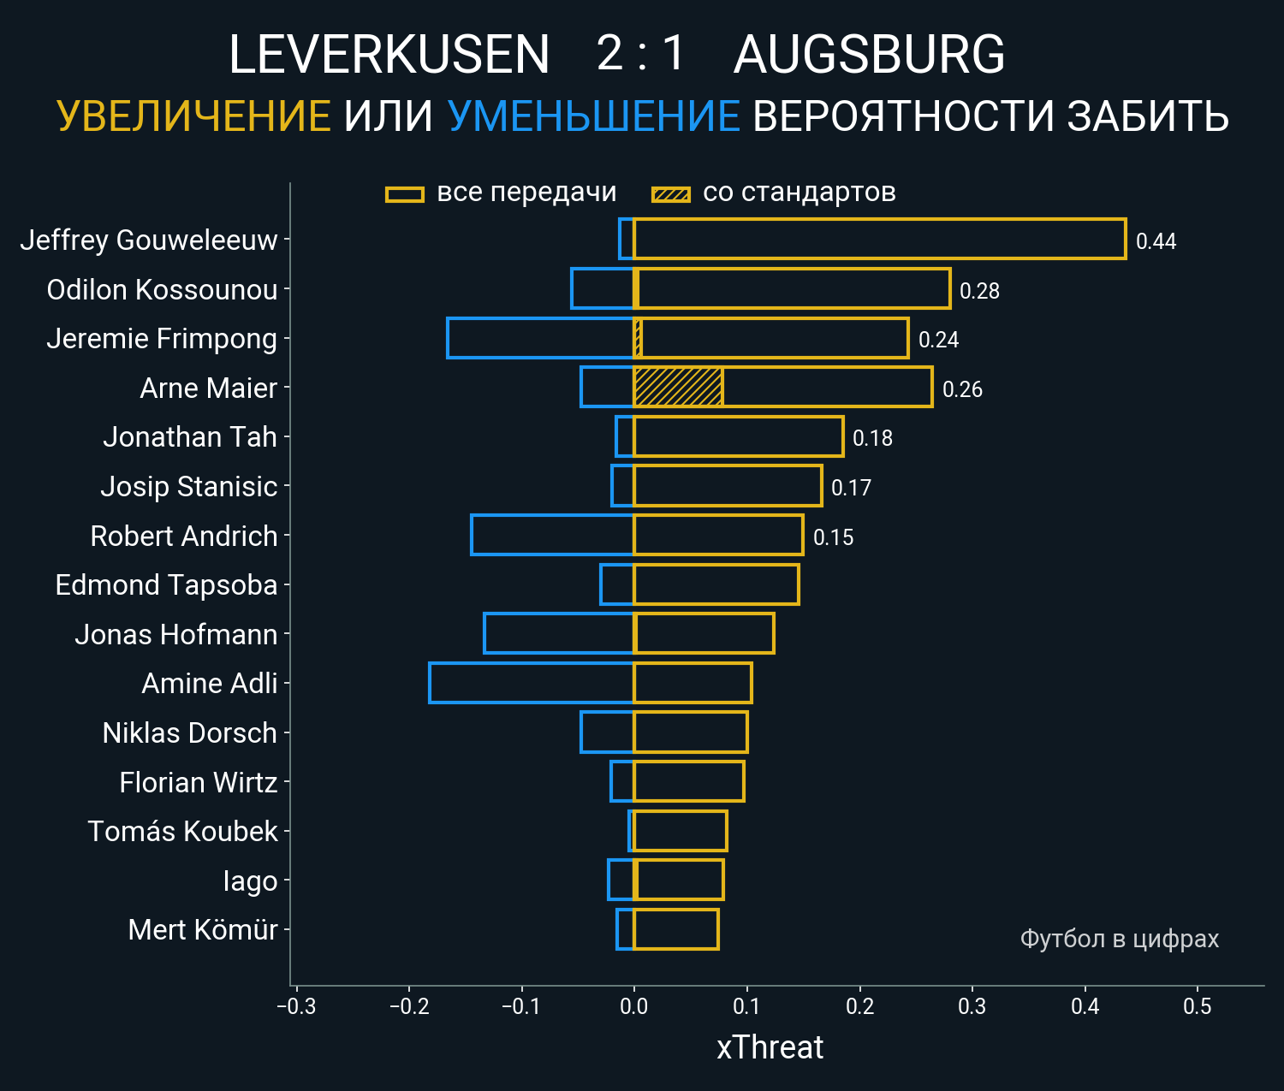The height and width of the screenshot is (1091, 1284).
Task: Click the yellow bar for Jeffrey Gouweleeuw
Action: [879, 239]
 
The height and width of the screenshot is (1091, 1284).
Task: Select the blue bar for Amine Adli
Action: [531, 683]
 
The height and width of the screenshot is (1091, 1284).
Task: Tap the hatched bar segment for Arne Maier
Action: [678, 387]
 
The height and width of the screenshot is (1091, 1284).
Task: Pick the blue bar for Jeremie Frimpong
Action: [540, 338]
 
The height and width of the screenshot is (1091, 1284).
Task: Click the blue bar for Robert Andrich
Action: [552, 535]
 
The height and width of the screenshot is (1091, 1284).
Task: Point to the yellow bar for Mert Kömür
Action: [676, 929]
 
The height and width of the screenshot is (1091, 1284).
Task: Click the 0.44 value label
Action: [1156, 241]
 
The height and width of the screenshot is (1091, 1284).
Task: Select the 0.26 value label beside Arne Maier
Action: [962, 389]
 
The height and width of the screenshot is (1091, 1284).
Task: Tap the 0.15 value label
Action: [833, 537]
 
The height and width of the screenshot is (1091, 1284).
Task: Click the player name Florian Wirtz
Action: [199, 782]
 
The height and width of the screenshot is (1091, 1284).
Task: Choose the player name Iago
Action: [250, 881]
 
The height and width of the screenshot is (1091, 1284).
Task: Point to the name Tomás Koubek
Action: [182, 831]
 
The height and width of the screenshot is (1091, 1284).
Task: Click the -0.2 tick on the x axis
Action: [408, 1006]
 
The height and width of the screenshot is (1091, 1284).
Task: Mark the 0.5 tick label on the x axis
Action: [1198, 1006]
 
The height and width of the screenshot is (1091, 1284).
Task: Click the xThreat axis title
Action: [770, 1047]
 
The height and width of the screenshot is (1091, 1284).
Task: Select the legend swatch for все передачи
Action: [405, 194]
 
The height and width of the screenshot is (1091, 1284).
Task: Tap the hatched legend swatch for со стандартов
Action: [671, 194]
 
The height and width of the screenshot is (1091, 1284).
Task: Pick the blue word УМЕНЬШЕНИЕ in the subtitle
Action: [593, 116]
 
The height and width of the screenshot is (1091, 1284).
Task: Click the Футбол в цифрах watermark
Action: [1119, 939]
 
